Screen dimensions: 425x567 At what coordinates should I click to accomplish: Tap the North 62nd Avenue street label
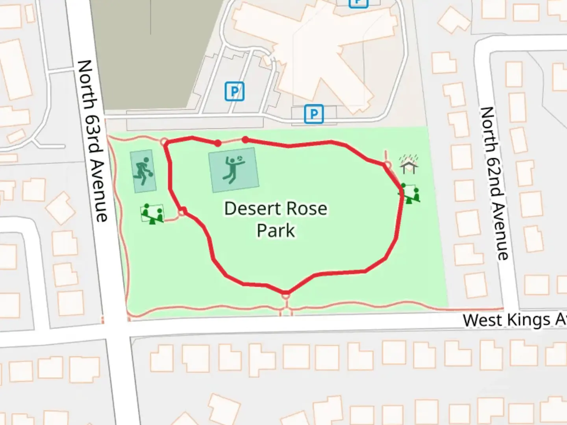pyautogui.click(x=495, y=183)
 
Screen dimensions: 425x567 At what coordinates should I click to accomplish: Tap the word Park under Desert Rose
pyautogui.click(x=276, y=231)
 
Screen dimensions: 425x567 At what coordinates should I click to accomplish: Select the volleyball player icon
pyautogui.click(x=234, y=170)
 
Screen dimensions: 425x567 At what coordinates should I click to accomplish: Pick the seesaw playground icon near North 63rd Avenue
pyautogui.click(x=152, y=214)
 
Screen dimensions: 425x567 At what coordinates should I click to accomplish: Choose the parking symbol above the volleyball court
pyautogui.click(x=234, y=92)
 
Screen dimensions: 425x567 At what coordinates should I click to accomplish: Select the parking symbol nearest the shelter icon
pyautogui.click(x=314, y=114)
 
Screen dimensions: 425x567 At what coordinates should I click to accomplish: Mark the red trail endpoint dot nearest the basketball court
pyautogui.click(x=218, y=143)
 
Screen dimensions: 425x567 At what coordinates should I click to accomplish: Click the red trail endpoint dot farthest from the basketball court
pyautogui.click(x=245, y=140)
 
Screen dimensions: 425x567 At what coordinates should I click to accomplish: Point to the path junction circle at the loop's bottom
pyautogui.click(x=286, y=294)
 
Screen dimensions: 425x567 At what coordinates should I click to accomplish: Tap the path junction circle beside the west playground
pyautogui.click(x=182, y=213)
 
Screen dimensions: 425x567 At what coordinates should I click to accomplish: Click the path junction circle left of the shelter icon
pyautogui.click(x=387, y=164)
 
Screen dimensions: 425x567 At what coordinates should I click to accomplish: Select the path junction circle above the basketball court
pyautogui.click(x=165, y=142)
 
